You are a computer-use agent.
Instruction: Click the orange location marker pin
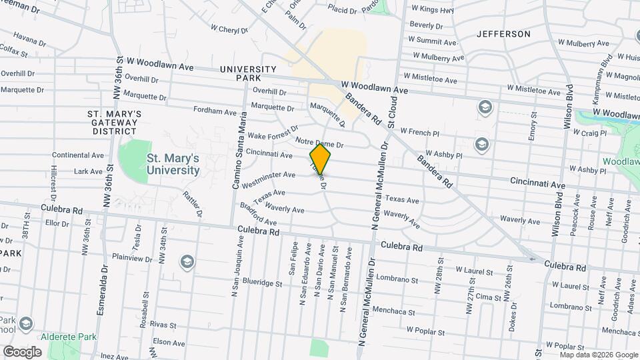click(x=321, y=159)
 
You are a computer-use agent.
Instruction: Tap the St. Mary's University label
click(x=173, y=164)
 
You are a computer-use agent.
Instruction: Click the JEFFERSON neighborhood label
click(x=503, y=34)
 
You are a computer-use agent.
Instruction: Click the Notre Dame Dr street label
click(x=319, y=143)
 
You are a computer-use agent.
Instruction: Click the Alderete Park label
click(x=69, y=337)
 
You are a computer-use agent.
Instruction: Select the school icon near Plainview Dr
click(x=187, y=261)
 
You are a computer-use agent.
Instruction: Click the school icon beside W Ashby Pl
click(x=481, y=144)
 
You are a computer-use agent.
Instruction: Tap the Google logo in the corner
click(x=22, y=352)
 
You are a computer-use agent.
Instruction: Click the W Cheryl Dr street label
click(x=229, y=29)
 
